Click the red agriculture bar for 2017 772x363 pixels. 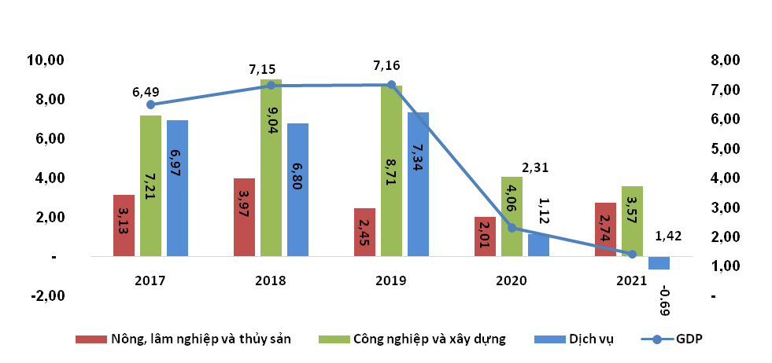click(124, 225)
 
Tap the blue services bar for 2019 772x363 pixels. click(418, 184)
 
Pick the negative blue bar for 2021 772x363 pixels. click(659, 263)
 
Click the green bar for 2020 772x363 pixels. click(512, 216)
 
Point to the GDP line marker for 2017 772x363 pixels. click(150, 104)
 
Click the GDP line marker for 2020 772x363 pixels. click(512, 228)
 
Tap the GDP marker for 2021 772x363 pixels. click(632, 254)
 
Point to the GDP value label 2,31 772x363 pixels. click(535, 167)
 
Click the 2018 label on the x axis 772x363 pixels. click(271, 280)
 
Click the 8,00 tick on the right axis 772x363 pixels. click(723, 60)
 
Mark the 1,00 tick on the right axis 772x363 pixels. click(723, 266)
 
